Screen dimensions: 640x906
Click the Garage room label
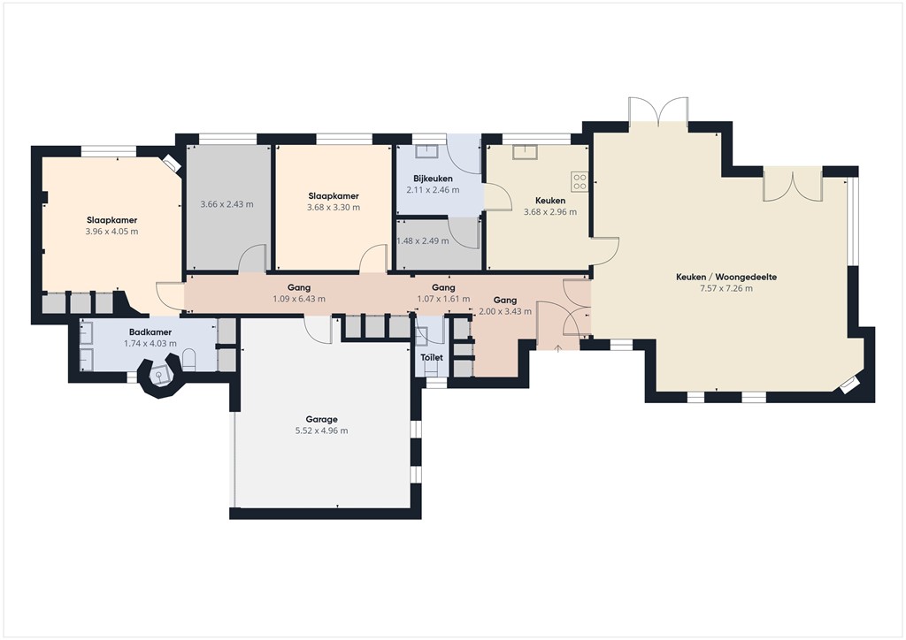tap(322, 420)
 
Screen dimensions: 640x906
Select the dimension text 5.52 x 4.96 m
tap(322, 431)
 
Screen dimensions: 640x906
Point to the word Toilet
tap(432, 358)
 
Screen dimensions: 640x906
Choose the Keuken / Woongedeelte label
tap(713, 277)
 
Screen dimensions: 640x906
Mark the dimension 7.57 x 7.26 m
tap(713, 288)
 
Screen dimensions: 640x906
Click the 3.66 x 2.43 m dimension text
tap(226, 204)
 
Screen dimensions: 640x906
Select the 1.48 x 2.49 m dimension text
tap(423, 240)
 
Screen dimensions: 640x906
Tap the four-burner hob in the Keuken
tap(580, 182)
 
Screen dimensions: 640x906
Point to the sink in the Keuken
tap(525, 151)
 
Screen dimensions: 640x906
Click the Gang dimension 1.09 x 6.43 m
tap(298, 299)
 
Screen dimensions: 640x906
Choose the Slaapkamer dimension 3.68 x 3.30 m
tap(333, 208)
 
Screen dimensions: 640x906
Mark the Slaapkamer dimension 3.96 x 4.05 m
tap(111, 232)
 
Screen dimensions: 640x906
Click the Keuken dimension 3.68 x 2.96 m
tap(550, 212)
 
